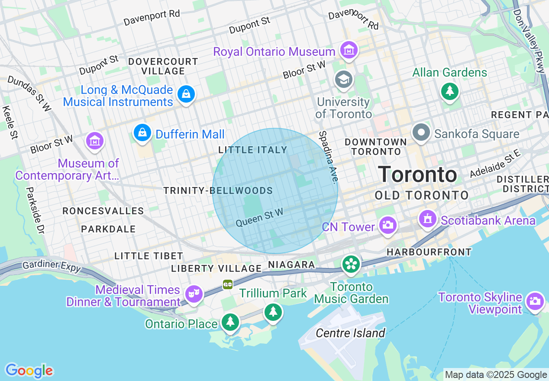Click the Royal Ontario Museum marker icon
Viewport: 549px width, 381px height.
point(349,50)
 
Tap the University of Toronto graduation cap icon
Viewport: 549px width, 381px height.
point(344,79)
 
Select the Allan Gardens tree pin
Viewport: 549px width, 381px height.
point(450,91)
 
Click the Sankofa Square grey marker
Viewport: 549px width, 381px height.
point(421,132)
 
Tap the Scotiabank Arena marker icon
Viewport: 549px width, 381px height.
point(428,219)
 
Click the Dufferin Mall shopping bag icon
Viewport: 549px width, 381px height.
point(142,133)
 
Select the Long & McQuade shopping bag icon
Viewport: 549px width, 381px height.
point(186,94)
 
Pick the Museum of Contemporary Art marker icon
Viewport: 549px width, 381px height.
point(95,141)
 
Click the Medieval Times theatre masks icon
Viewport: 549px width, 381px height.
point(194,294)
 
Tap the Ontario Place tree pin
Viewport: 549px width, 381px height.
point(230,322)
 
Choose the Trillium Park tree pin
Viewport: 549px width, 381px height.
point(273,311)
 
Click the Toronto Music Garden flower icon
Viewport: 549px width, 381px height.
point(351,264)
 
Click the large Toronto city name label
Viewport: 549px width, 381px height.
point(417,174)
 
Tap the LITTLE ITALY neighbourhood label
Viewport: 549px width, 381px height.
point(253,150)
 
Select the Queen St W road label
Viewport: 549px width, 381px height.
point(259,217)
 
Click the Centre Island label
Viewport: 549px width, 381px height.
point(350,333)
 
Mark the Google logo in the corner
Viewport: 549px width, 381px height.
point(29,371)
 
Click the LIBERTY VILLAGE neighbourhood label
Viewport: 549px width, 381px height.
point(216,268)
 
